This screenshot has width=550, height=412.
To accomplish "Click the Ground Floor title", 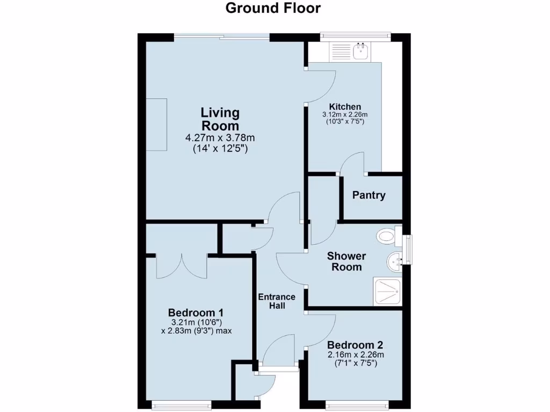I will click(x=273, y=8).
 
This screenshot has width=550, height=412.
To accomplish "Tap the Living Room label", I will click(x=220, y=119).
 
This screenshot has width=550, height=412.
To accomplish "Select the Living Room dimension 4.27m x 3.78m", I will click(x=220, y=138).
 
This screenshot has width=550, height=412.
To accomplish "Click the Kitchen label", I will click(x=345, y=107).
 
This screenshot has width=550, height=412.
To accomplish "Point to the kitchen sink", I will click(x=360, y=51).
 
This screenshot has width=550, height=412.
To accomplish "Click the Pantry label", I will click(x=368, y=195).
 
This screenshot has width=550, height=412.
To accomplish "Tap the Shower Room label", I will click(x=346, y=262).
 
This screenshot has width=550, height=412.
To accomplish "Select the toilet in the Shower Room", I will click(x=386, y=235).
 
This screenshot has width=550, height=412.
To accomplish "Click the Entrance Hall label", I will click(x=277, y=301).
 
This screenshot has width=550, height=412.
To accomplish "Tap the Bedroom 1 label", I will click(x=196, y=313).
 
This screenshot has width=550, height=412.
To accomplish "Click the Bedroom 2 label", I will click(x=355, y=345).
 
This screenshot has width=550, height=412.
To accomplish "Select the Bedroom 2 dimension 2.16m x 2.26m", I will click(x=356, y=355).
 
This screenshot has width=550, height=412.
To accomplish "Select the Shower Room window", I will click(x=409, y=249).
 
